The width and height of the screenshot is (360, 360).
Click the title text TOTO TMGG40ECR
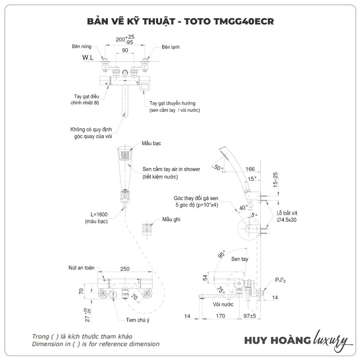coord(229,22)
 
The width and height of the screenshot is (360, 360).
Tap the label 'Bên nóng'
coord(82,47)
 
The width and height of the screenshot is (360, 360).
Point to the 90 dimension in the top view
coord(125,51)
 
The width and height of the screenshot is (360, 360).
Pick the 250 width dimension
coord(125,269)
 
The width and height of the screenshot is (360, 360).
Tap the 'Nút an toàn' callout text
coord(81,268)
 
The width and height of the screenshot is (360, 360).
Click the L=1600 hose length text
coord(96,215)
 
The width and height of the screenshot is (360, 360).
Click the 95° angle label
coord(220,254)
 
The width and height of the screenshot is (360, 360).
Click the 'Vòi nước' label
coord(223,304)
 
